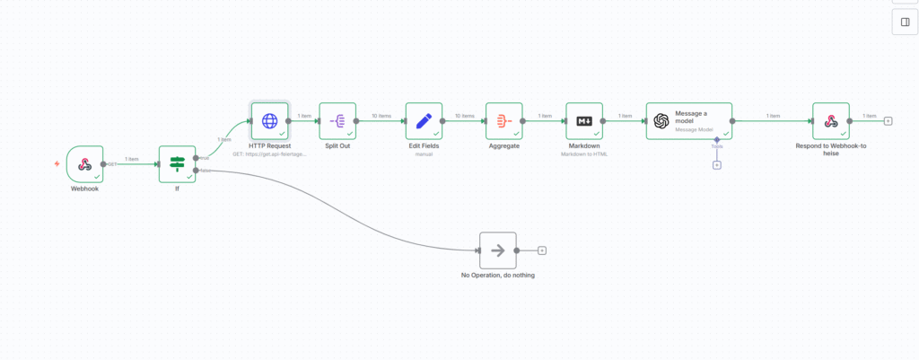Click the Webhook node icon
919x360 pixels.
85,164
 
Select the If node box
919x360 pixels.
177,164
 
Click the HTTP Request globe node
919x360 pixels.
269,120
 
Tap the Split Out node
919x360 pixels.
337,120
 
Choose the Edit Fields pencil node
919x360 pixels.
424,120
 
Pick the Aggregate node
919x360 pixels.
503,120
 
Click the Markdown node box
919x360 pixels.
584,120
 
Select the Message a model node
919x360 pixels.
688,120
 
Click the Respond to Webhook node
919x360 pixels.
831,120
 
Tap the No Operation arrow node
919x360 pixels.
497,250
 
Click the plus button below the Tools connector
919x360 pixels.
717,164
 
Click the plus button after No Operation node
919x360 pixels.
542,250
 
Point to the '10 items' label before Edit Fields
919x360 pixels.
381,115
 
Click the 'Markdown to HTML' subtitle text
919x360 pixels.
584,154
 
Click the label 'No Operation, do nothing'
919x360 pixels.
497,276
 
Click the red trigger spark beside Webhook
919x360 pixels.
57,164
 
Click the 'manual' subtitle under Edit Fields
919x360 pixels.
424,154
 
